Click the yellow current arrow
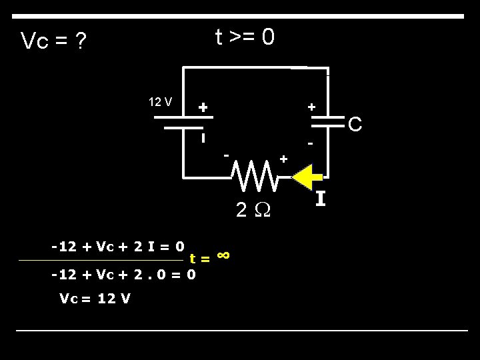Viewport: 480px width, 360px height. pyautogui.click(x=306, y=178)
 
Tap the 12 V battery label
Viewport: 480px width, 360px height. pyautogui.click(x=160, y=102)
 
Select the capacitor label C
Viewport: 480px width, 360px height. pyautogui.click(x=355, y=124)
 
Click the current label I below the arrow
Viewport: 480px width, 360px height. pyautogui.click(x=321, y=199)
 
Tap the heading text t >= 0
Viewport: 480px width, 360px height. pyautogui.click(x=244, y=38)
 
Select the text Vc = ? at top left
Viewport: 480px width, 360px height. pyautogui.click(x=53, y=41)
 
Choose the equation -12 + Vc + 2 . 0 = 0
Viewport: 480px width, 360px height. pyautogui.click(x=123, y=273)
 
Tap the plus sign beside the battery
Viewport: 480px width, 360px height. pyautogui.click(x=203, y=107)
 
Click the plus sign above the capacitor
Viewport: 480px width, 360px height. pyautogui.click(x=311, y=107)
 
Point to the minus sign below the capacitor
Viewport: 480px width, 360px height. pyautogui.click(x=310, y=143)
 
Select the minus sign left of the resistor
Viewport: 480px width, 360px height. pyautogui.click(x=227, y=155)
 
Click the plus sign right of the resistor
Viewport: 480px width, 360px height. pyautogui.click(x=283, y=159)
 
